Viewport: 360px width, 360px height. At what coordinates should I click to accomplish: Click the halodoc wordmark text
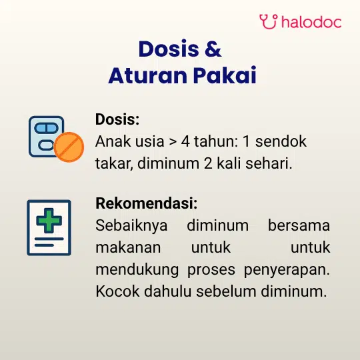(311, 22)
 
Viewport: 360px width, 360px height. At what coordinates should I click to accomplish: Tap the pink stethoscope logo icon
(269, 21)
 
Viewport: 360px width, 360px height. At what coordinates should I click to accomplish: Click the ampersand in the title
(213, 49)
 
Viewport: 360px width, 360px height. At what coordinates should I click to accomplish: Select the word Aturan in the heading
(148, 75)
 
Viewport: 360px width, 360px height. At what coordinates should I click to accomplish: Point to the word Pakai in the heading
(225, 75)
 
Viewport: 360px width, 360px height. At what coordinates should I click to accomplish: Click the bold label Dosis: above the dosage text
(117, 119)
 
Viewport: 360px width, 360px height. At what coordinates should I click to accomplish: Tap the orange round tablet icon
(69, 147)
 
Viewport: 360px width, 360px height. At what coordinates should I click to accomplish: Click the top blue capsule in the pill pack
(46, 128)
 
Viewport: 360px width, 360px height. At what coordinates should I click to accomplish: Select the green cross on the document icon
(49, 221)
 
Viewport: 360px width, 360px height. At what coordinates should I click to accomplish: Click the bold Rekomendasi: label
(147, 203)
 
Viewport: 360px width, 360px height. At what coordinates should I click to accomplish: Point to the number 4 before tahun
(185, 141)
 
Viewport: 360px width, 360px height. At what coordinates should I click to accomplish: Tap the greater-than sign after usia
(173, 142)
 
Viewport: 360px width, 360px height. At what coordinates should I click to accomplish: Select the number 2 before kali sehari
(208, 163)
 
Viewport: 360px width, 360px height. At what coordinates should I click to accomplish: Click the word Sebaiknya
(131, 226)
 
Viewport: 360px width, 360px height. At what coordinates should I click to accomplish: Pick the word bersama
(299, 225)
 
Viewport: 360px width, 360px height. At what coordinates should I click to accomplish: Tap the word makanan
(128, 247)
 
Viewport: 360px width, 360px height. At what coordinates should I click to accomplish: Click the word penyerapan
(287, 270)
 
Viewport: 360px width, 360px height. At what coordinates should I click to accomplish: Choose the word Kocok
(117, 291)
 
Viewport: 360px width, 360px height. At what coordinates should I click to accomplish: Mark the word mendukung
(137, 270)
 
